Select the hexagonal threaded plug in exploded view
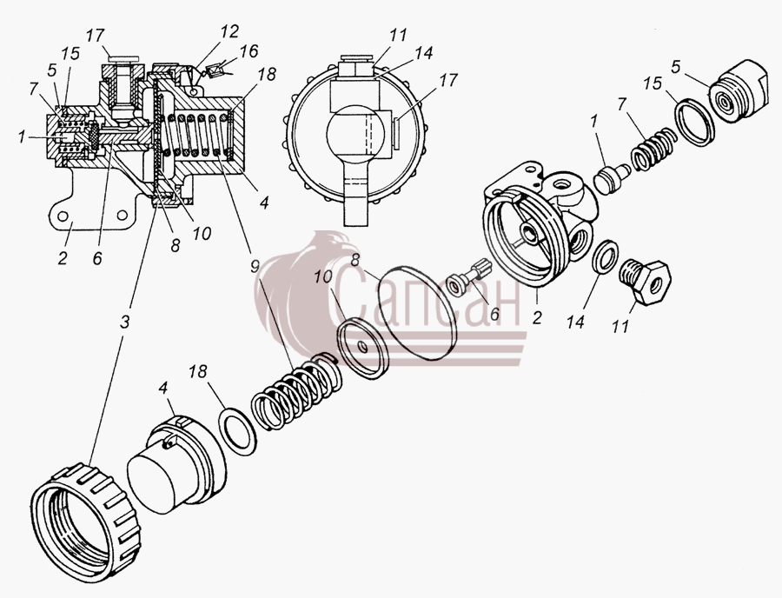tap(645, 281)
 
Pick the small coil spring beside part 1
tap(653, 147)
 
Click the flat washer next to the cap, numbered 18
tap(238, 430)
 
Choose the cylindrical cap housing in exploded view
tap(176, 460)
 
